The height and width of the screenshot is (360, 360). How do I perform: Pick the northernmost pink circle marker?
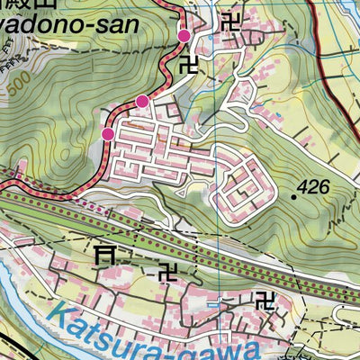pyautogui.click(x=184, y=35)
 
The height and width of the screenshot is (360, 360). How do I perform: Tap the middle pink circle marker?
pyautogui.click(x=142, y=100)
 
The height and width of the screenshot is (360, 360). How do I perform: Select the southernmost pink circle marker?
pyautogui.click(x=108, y=134)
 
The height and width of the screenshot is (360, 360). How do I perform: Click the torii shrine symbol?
pyautogui.click(x=105, y=256)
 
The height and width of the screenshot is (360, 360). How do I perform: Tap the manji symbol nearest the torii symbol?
pyautogui.click(x=168, y=271)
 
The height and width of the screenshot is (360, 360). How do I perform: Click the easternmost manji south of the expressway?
pyautogui.click(x=265, y=296)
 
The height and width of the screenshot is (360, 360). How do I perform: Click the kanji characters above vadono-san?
pyautogui.click(x=36, y=4)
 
